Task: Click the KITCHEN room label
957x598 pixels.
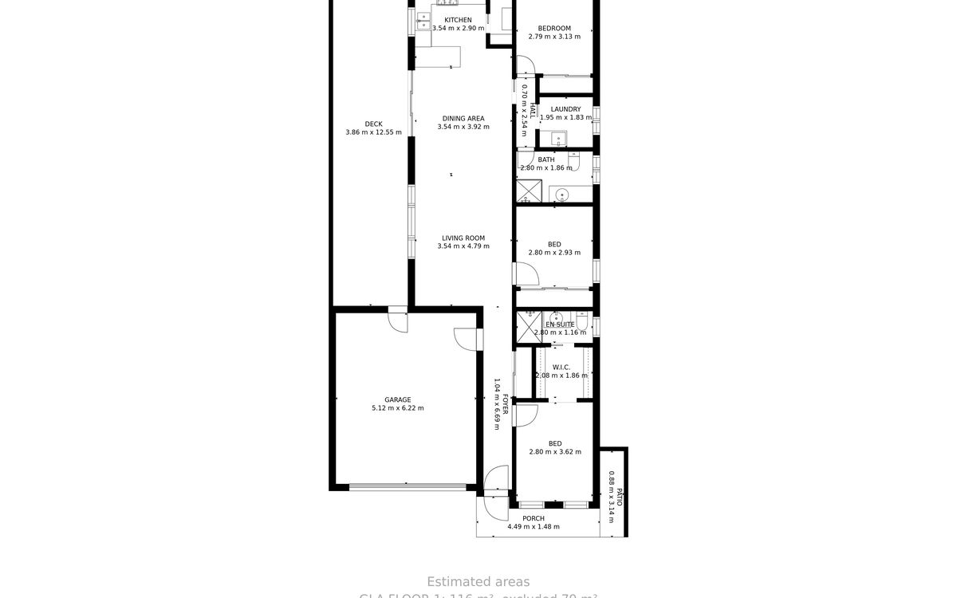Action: (458, 20)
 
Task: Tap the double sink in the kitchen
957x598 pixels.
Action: (422, 21)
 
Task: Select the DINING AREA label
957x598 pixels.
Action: (463, 119)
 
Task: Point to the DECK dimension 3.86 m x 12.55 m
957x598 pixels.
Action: (373, 132)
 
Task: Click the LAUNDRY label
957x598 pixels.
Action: (565, 109)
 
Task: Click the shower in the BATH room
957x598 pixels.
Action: (528, 192)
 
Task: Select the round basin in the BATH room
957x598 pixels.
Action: (561, 194)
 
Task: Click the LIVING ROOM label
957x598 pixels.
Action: (463, 238)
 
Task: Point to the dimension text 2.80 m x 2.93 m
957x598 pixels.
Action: (554, 253)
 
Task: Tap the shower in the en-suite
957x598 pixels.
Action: (527, 323)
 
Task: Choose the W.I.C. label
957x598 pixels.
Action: (561, 367)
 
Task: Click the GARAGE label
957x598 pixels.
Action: (397, 399)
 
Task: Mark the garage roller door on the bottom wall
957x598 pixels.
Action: (408, 486)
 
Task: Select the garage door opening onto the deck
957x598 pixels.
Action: (396, 320)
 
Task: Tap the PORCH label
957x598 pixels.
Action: (534, 518)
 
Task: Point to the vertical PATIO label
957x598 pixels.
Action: (619, 497)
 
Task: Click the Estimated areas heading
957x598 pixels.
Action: (478, 582)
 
